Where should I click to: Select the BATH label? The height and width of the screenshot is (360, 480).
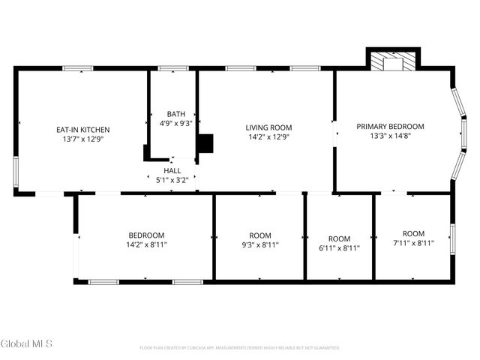pos(176,114)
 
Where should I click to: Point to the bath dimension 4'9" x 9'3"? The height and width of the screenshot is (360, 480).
pos(176,124)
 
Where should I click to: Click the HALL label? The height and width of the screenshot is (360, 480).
pos(172,170)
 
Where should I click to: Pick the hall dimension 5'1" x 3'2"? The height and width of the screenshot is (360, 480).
pos(172,180)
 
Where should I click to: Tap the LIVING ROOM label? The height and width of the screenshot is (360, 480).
pos(269,127)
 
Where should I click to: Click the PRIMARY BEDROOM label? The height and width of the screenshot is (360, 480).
pos(390,126)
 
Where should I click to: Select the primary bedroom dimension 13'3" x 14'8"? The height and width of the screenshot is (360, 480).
pos(390,136)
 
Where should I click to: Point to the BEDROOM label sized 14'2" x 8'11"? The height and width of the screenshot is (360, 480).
pos(145,235)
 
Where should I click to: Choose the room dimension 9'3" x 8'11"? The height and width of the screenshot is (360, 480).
pos(260,244)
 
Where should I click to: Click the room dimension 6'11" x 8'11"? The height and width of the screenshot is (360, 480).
pos(339,248)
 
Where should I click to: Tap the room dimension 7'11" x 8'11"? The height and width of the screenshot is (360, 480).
pos(413,244)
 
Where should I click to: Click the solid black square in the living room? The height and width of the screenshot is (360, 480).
pos(205,143)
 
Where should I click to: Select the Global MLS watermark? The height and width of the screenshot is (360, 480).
pos(27,343)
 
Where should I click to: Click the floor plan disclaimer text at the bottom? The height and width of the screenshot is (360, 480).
pos(240,348)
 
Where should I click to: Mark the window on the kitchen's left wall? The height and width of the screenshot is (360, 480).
pos(16,173)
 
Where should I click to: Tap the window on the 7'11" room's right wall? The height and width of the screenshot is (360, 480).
pos(451,238)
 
